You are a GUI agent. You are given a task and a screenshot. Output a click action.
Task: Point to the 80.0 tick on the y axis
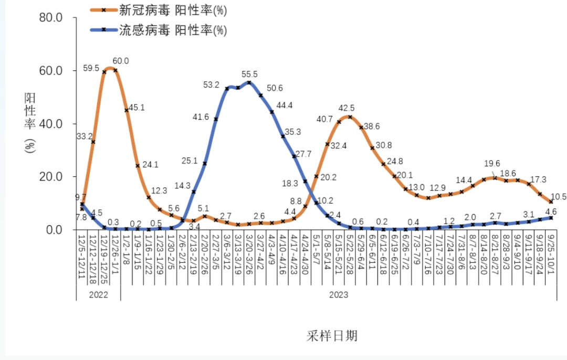pos(51,18)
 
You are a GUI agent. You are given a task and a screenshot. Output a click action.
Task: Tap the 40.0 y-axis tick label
pos(51,124)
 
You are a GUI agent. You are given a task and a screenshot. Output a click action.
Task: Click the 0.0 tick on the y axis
pos(54,230)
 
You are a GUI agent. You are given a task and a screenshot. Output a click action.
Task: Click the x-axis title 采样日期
pos(332,335)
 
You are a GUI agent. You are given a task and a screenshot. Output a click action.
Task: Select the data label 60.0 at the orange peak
pos(121,61)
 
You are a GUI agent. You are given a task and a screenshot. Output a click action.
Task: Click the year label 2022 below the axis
pos(98,294)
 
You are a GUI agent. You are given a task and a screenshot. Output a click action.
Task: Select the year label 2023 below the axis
pos(339,294)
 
